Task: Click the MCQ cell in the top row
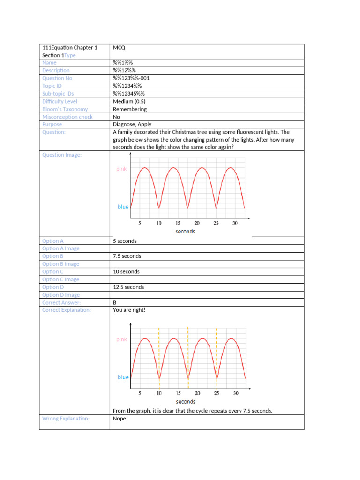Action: click(119, 48)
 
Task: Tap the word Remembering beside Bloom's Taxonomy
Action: click(130, 109)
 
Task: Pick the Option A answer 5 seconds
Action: click(125, 241)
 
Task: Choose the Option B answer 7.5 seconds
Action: click(127, 256)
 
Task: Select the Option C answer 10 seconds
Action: click(126, 272)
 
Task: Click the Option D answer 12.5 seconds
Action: click(128, 287)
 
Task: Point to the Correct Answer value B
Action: click(115, 303)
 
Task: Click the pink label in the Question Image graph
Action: click(121, 169)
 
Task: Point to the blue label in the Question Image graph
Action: click(123, 207)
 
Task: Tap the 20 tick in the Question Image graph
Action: click(197, 223)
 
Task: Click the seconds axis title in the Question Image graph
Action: click(185, 232)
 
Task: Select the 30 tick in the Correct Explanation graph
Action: click(235, 393)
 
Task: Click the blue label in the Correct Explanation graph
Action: click(123, 377)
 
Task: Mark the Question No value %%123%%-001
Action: click(131, 78)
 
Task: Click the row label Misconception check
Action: click(67, 117)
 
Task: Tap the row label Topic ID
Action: click(52, 86)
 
